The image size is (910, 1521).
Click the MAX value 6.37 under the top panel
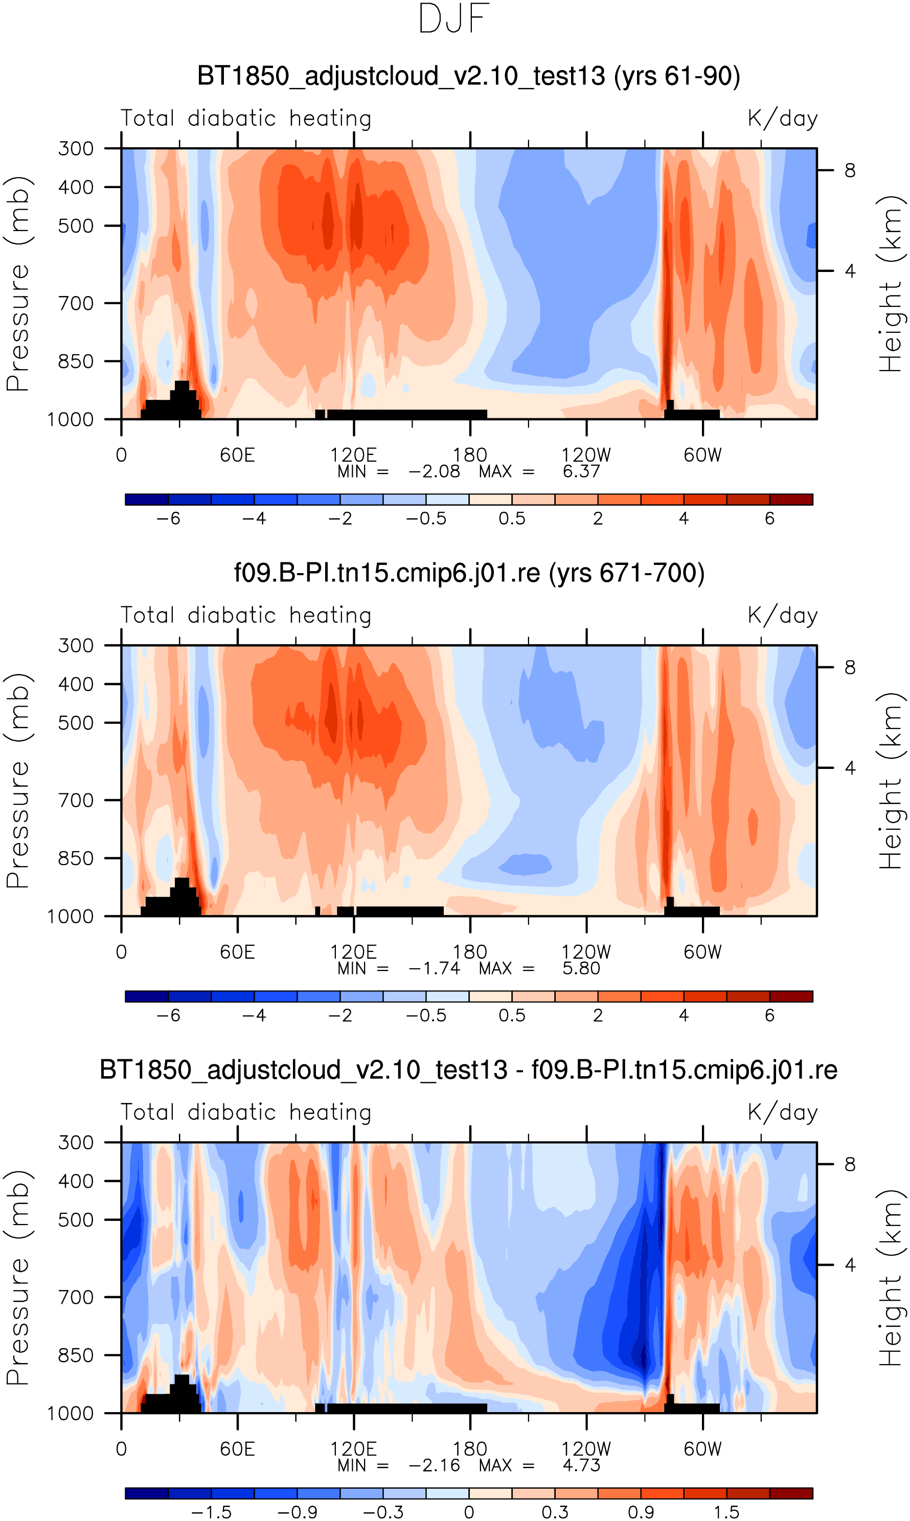[581, 471]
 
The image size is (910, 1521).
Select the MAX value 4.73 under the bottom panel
[581, 1465]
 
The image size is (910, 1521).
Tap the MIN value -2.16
[434, 1465]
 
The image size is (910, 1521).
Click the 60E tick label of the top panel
[237, 455]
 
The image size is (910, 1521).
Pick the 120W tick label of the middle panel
[586, 952]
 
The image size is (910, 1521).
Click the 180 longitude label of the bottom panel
[470, 1449]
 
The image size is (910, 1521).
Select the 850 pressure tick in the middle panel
[76, 858]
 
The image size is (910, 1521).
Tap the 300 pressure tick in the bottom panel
[76, 1143]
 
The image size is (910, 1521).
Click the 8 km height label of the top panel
[849, 170]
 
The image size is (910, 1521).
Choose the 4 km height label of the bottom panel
[849, 1265]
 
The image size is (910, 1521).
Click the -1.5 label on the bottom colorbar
[211, 1512]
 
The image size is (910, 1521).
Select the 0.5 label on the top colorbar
[511, 518]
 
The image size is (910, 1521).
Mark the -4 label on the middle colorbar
[254, 1015]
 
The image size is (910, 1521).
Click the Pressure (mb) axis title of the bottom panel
[18, 1278]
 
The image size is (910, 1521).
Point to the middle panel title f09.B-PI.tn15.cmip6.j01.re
[469, 573]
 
